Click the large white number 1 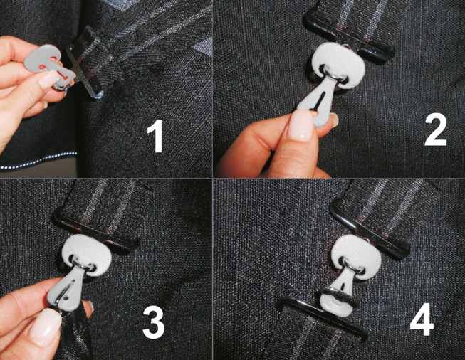pos(156,136)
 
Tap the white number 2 pos(435,131)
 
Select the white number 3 pos(153,323)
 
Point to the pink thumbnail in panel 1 pos(48,80)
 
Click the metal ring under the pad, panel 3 pos(83,265)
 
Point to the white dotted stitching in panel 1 pos(37,162)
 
